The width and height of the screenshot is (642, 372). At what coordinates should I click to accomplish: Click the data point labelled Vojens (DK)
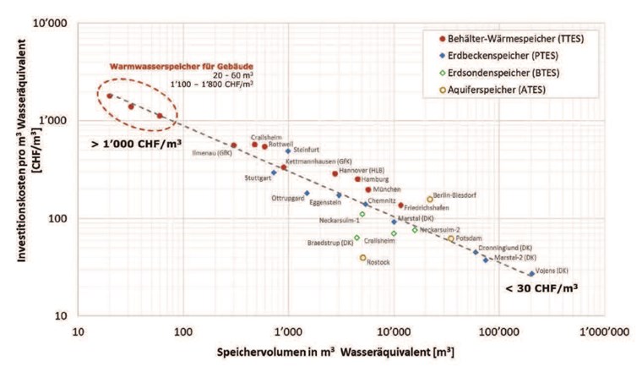point(531,274)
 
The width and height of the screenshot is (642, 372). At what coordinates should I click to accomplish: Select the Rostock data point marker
point(363,258)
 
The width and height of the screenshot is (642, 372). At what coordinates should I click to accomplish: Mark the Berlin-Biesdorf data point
point(430,200)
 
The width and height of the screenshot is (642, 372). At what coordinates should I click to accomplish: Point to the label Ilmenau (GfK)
point(212,153)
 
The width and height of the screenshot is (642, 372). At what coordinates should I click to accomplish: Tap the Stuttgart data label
point(258,178)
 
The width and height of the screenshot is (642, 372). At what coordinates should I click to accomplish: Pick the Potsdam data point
point(451,238)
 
